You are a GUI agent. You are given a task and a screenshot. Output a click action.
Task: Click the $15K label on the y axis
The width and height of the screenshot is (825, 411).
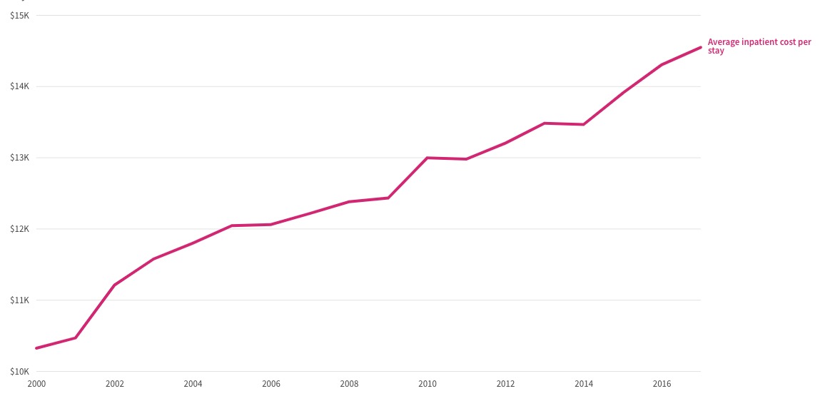coord(20,16)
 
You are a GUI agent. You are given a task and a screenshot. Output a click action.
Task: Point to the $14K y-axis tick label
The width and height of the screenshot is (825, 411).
coord(20,86)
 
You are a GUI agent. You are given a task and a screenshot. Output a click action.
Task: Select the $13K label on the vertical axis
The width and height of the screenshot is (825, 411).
coord(20,158)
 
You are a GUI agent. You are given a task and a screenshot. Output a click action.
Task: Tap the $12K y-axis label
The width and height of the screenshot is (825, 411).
coord(20,229)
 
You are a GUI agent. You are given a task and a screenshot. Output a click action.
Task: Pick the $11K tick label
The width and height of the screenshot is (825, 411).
coord(20,300)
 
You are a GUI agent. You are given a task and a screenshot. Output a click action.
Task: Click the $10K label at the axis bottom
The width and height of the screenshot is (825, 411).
coord(20,372)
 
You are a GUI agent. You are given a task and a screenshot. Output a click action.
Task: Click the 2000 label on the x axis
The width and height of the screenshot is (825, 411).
coord(36,384)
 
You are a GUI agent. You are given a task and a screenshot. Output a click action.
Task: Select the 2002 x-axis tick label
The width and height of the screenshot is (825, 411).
coord(114,384)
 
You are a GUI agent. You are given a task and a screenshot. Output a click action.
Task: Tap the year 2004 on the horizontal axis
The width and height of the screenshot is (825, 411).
coord(193,384)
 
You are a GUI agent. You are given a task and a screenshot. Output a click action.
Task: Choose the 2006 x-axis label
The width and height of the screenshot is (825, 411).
coord(270,384)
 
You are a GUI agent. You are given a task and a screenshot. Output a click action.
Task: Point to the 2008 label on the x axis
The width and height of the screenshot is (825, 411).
coord(349,384)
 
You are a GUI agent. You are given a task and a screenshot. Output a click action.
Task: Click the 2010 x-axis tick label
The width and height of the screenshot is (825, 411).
coord(427,384)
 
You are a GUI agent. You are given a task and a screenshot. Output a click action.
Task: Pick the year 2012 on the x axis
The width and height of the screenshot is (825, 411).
coord(505,384)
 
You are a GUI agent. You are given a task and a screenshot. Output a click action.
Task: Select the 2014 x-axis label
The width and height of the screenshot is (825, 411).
coord(584,384)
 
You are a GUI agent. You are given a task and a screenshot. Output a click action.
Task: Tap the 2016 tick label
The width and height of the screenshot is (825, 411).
coord(662,384)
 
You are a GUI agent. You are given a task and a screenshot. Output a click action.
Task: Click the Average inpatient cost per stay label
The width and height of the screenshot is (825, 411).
coord(759,46)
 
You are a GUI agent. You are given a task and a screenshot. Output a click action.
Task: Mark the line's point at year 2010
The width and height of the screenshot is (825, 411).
coord(427,158)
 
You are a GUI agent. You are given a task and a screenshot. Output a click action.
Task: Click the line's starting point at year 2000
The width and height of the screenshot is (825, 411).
coord(36,348)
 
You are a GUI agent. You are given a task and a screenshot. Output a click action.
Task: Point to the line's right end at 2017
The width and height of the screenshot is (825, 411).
coord(701,47)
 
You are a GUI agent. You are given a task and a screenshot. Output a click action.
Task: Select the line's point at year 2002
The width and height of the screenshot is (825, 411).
coord(114,285)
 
